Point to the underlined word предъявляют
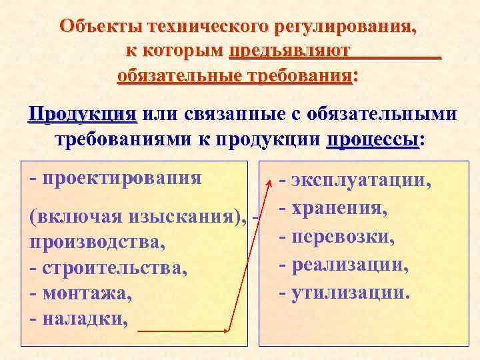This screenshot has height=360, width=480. [289, 52]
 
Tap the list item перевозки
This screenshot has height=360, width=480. [343, 237]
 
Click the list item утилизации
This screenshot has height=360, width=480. [351, 292]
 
